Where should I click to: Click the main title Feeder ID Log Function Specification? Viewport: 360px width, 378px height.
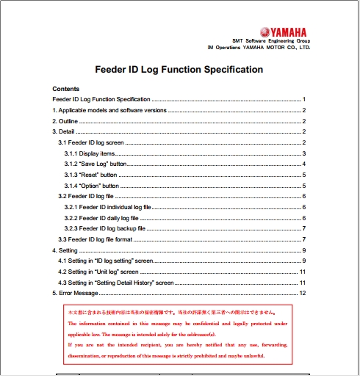click(x=179, y=70)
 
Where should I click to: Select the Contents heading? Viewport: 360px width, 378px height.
click(x=65, y=89)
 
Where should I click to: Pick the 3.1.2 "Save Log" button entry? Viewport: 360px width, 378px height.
click(x=95, y=164)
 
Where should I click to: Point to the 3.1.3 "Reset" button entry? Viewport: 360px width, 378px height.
click(x=90, y=175)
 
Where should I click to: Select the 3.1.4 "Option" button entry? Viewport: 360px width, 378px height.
click(x=91, y=186)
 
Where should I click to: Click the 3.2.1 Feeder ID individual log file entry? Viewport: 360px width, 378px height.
click(x=107, y=208)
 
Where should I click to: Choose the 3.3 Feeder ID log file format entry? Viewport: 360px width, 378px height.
click(x=96, y=240)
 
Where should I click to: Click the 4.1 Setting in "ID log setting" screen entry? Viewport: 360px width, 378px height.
click(x=106, y=261)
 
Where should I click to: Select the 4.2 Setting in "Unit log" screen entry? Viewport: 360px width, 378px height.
click(x=98, y=272)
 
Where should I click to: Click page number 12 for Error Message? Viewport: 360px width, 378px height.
click(x=302, y=294)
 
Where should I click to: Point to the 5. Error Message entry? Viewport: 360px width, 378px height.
click(x=75, y=294)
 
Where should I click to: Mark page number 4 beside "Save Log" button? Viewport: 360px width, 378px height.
click(x=303, y=164)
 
